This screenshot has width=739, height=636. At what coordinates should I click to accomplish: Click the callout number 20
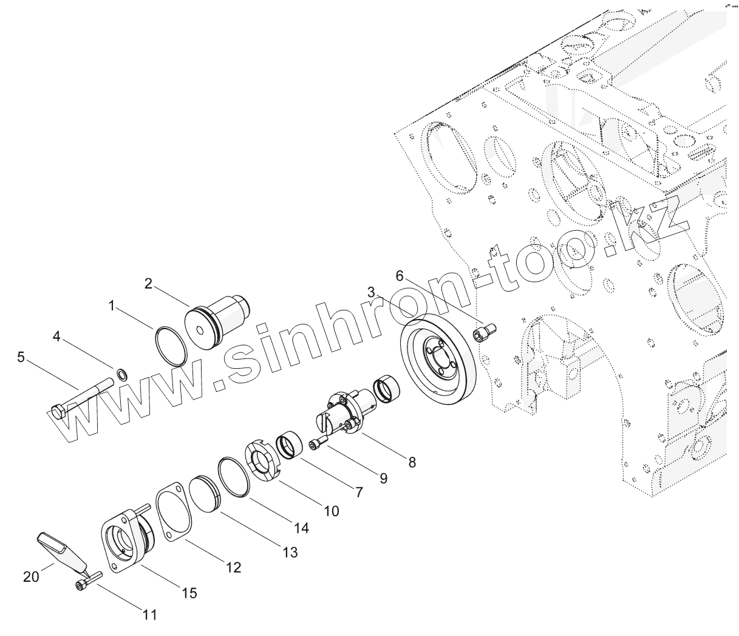point(31,576)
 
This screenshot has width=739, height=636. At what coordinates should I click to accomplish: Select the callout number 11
point(150,615)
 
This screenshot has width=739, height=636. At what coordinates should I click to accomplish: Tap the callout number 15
point(189,592)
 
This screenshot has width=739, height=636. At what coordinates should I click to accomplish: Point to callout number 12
point(233,567)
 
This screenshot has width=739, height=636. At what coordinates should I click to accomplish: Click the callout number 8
point(412,462)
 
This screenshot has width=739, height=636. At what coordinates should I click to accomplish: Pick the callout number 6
point(399,275)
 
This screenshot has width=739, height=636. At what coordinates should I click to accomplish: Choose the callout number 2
point(148,283)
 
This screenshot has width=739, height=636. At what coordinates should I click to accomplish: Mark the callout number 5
point(21,357)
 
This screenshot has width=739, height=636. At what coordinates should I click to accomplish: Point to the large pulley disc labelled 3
point(437,365)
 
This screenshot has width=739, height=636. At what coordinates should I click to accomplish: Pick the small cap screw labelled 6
point(485,332)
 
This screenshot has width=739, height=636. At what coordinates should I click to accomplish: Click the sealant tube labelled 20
point(61,549)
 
